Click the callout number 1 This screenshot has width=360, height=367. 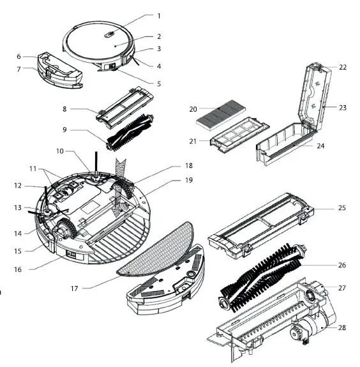pos(159,15)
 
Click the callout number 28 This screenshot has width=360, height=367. pos(341,327)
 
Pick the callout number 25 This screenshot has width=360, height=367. pos(341,209)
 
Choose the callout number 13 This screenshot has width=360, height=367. pos(20,207)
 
